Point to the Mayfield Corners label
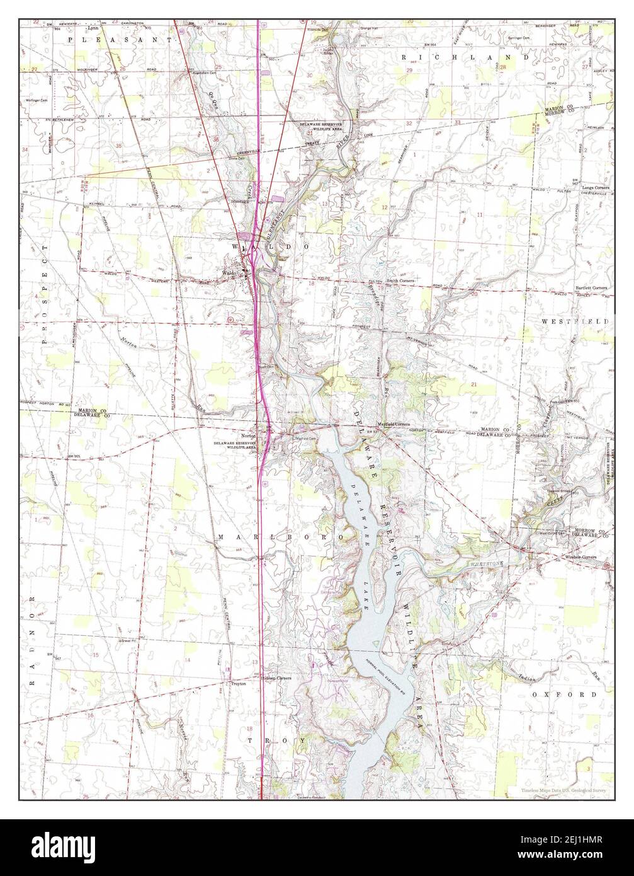393,424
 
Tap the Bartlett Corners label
591,287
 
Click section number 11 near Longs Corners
480,215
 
